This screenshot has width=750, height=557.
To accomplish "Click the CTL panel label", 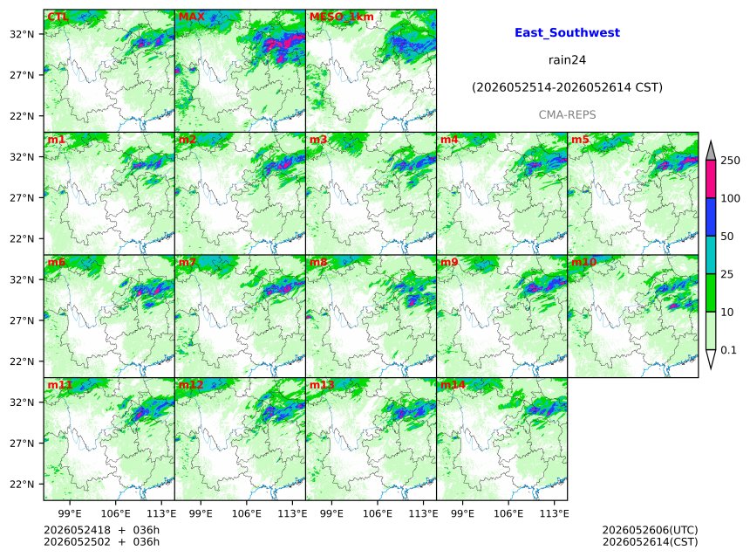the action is coord(58,17).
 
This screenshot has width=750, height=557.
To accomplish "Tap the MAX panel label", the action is coord(191,17).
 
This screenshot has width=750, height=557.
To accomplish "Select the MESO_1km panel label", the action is coord(342,17).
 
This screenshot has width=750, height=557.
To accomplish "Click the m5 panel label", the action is coord(580,140).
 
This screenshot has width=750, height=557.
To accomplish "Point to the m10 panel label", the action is coord(583,262).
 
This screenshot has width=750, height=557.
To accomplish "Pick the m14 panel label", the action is coord(453,385).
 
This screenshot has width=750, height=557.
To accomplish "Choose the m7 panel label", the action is coord(187,262).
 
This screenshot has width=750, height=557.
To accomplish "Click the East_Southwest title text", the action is coord(567,32).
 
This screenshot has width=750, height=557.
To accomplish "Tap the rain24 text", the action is coord(567,60).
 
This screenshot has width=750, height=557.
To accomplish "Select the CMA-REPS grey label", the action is coord(567,115).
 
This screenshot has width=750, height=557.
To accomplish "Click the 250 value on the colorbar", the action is coord(731,161).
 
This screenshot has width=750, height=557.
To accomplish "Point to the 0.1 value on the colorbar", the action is coord(728,350).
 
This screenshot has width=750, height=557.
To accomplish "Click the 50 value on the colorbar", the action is coord(727,236).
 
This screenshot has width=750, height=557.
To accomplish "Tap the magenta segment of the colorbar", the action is coord(711,179).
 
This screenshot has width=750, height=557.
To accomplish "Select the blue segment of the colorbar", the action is coord(711,217).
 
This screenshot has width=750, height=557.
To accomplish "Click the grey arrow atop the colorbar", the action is coord(711,152).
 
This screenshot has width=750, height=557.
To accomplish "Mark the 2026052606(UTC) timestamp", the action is coord(650,530).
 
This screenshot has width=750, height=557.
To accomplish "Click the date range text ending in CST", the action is coord(567,87).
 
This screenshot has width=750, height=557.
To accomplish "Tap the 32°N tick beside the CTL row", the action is coord(22,34).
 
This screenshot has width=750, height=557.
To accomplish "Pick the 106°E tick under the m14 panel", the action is coord(508,513).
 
